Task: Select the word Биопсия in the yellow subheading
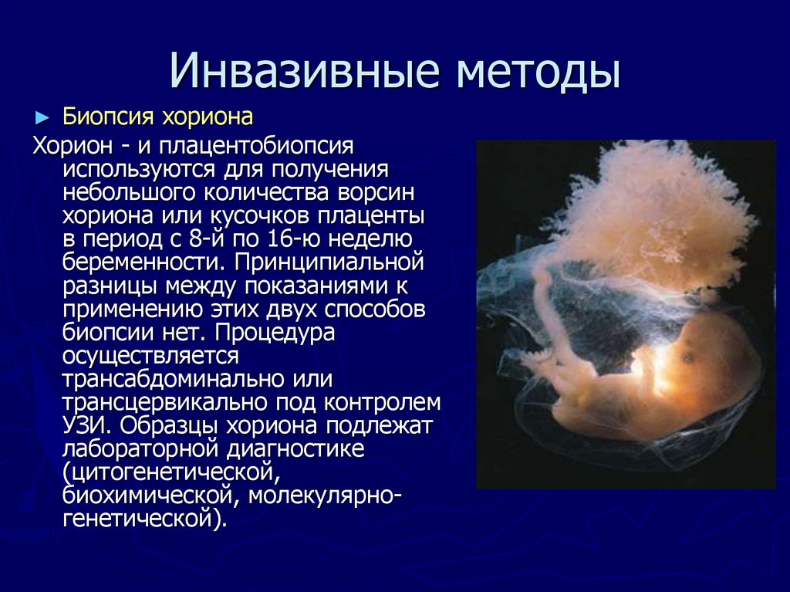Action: click(x=108, y=117)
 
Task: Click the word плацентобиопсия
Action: click(x=256, y=147)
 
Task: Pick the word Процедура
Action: click(x=275, y=333)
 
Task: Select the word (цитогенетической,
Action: click(x=171, y=473)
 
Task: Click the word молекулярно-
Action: click(x=325, y=496)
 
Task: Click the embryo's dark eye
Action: click(x=687, y=357)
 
